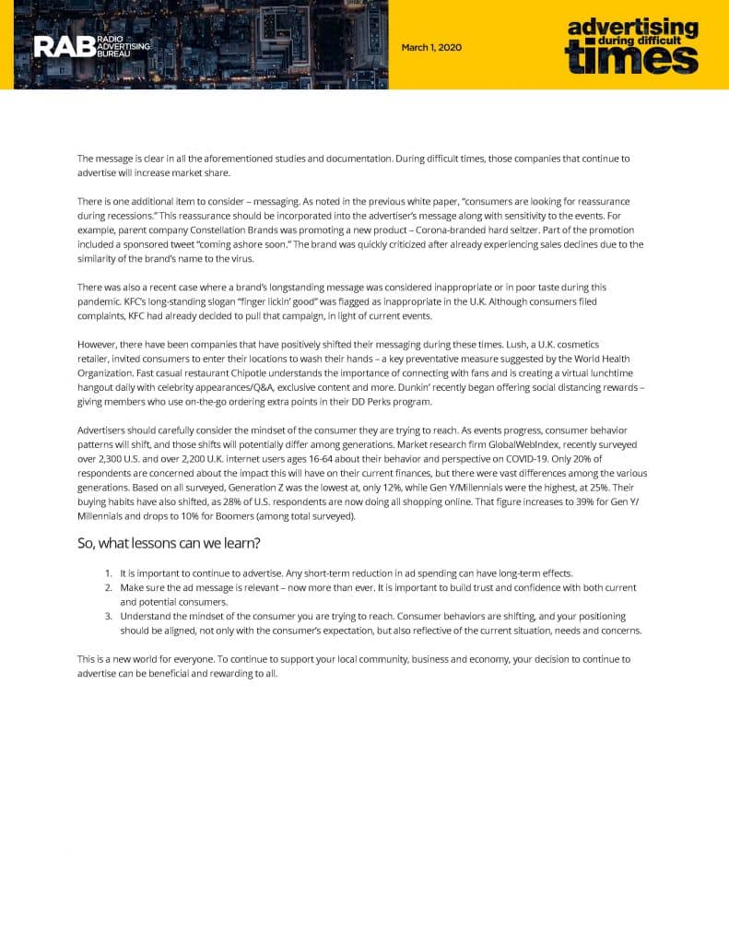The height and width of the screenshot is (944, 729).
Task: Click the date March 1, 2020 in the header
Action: pyautogui.click(x=431, y=47)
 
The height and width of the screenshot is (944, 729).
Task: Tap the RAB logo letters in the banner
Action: pyautogui.click(x=63, y=46)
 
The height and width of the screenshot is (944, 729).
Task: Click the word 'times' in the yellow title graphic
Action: pyautogui.click(x=631, y=58)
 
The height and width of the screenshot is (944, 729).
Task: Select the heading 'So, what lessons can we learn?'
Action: pyautogui.click(x=169, y=543)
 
